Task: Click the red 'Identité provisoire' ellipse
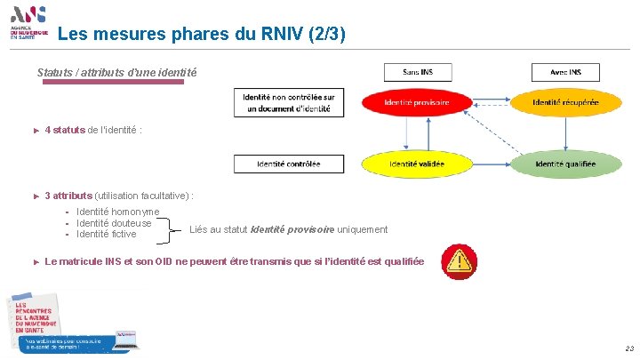(x=417, y=103)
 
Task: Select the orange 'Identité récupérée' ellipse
(x=565, y=103)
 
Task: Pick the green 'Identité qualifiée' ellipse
(x=565, y=164)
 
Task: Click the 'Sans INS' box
(x=417, y=72)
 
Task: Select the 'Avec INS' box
(x=565, y=72)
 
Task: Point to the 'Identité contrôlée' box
(x=288, y=164)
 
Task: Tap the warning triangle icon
(x=460, y=259)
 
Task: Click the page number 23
(x=628, y=348)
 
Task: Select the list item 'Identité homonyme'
(x=118, y=212)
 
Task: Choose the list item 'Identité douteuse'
(x=114, y=223)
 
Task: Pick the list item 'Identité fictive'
(x=107, y=235)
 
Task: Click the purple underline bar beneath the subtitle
(x=114, y=82)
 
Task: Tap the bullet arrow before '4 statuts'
(x=36, y=131)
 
